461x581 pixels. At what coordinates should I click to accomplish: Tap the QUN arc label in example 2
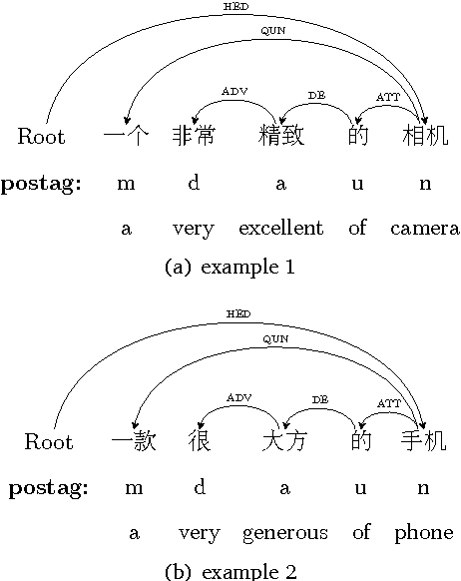point(272,31)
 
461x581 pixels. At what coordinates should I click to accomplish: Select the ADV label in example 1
point(233,91)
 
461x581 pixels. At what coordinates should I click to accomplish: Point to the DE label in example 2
point(319,400)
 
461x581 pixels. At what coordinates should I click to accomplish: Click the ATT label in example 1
point(388,96)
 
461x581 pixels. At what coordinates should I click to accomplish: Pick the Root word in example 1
point(42,136)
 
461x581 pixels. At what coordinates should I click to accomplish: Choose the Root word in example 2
point(48,441)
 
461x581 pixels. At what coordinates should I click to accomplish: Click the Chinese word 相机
point(425,136)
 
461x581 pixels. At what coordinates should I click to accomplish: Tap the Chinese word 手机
point(423,440)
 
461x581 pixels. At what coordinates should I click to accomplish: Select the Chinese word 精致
point(280,136)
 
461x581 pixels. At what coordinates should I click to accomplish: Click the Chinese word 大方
point(284,440)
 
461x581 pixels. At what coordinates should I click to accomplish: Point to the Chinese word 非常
point(194,136)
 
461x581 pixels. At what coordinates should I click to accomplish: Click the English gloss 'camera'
point(425,229)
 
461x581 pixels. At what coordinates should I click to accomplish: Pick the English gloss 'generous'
point(284,533)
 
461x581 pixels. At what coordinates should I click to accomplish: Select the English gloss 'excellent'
point(280,229)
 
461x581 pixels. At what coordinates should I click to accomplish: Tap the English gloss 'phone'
point(423,533)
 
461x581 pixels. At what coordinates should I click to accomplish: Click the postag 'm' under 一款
point(134,488)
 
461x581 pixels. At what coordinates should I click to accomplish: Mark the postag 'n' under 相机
point(425,183)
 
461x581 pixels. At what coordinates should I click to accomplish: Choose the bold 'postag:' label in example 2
point(48,488)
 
